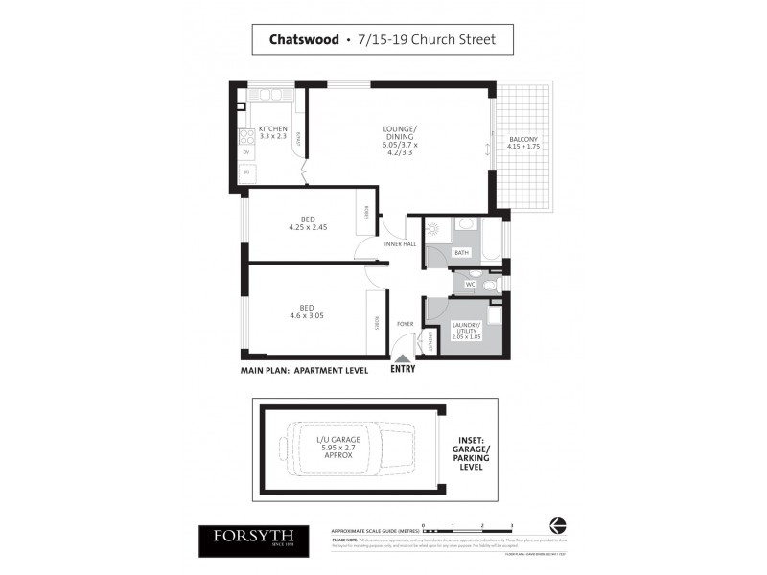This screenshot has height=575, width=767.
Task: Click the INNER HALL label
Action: coord(401,243)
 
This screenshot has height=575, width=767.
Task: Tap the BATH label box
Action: coord(461,253)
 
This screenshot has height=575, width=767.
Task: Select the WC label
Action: coord(471,284)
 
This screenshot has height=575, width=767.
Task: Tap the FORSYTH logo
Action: coord(253,539)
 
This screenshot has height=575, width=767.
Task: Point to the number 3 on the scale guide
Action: coord(513,525)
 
